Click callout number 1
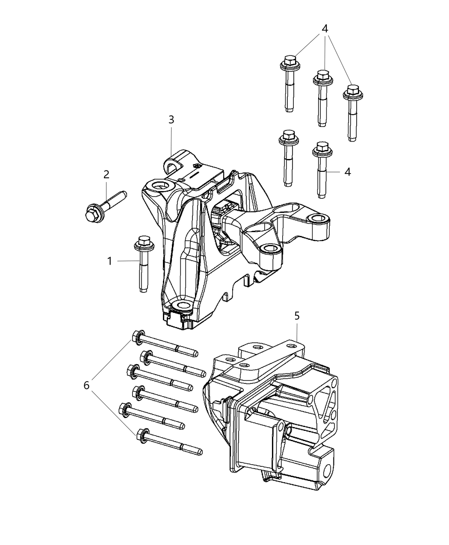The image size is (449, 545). pos(109,261)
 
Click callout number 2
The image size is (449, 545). pos(106,174)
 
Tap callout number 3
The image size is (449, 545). pos(171,120)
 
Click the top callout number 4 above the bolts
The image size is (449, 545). pos(325,29)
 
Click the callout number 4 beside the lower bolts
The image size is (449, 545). pos(348,172)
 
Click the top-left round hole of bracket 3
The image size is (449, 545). pos(163,186)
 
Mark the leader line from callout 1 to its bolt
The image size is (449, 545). pos(127,260)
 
